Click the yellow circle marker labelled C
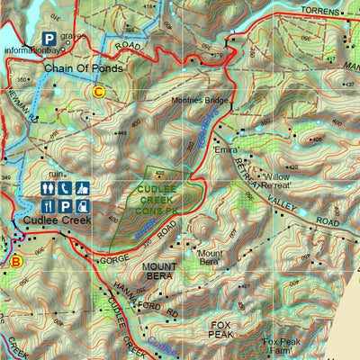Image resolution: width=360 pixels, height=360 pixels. tap(99, 90)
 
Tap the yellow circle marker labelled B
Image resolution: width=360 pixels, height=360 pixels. tap(15, 262)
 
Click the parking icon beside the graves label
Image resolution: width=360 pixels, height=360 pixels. tap(48, 40)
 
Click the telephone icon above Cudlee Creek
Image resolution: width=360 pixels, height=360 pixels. tap(66, 189)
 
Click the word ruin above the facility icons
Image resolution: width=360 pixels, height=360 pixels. tap(57, 174)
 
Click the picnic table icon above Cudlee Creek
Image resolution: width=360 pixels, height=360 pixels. tap(82, 189)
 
